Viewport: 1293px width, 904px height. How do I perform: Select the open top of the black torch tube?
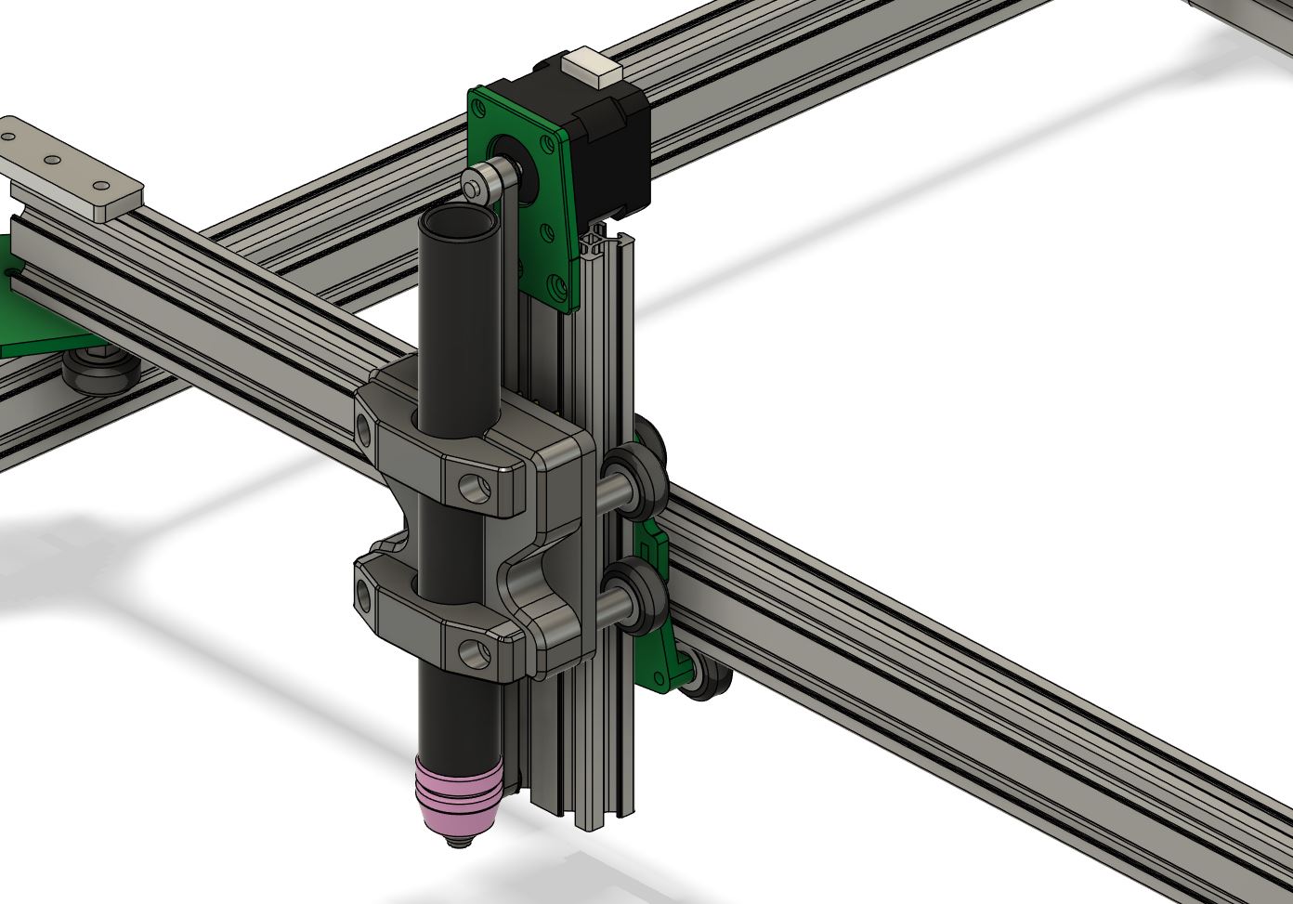458,223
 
